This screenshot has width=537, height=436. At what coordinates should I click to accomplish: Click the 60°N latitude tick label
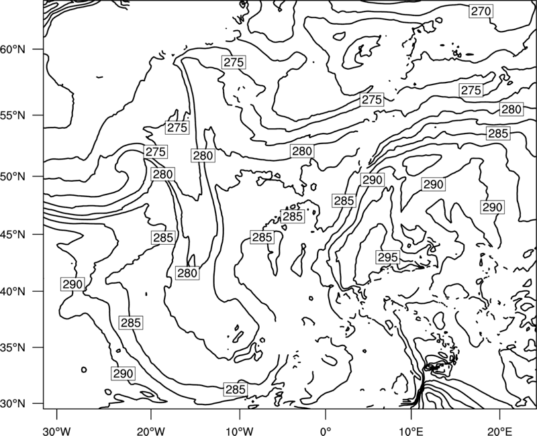click(x=13, y=50)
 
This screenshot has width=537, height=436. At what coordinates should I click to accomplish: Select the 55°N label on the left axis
click(x=13, y=115)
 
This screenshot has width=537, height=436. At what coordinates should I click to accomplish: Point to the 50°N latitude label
click(x=13, y=176)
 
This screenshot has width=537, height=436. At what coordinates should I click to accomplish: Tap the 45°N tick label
click(x=13, y=234)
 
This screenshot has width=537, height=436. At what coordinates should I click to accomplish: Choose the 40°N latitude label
click(x=13, y=292)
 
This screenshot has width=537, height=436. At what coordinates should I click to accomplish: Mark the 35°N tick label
click(x=13, y=347)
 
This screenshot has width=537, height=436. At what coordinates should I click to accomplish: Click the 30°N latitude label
click(x=13, y=404)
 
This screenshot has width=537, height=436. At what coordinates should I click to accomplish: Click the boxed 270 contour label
click(x=481, y=11)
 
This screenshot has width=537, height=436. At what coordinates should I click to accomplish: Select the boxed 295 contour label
click(x=388, y=258)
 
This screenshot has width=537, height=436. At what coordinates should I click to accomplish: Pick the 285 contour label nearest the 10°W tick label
click(x=236, y=390)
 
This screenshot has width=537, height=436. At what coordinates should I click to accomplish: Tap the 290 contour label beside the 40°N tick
click(x=72, y=284)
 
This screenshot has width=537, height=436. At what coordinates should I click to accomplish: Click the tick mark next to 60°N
click(x=38, y=49)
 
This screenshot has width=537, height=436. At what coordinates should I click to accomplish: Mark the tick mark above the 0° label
click(x=326, y=413)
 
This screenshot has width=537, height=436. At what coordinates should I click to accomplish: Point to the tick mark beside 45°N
click(x=38, y=234)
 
